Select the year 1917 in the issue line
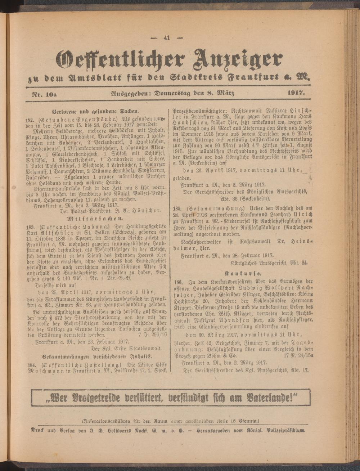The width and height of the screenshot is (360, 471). click(x=296, y=94)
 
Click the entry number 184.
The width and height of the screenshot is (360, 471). click(x=31, y=364)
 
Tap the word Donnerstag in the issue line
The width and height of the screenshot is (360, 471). click(x=174, y=94)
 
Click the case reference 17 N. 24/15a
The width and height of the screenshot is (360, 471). click(x=298, y=355)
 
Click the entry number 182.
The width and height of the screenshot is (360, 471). click(x=31, y=118)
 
